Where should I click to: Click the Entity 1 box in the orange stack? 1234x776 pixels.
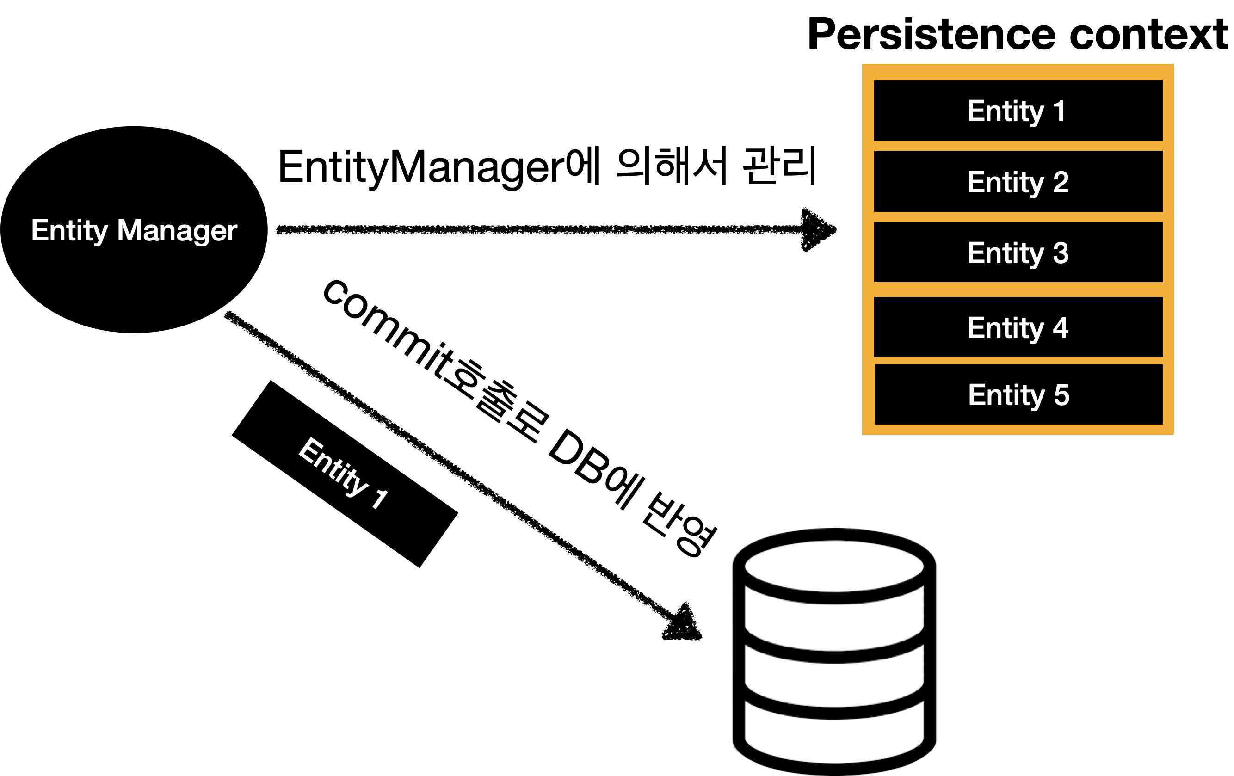pyautogui.click(x=1018, y=111)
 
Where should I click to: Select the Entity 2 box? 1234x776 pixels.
pyautogui.click(x=1018, y=181)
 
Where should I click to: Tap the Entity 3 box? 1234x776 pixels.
pyautogui.click(x=1018, y=252)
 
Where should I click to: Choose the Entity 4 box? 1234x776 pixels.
pyautogui.click(x=1018, y=327)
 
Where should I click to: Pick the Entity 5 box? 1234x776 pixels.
pyautogui.click(x=1018, y=394)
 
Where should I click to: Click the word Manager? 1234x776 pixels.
pyautogui.click(x=177, y=231)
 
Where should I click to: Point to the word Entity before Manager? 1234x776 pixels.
pyautogui.click(x=69, y=231)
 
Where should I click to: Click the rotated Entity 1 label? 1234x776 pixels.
pyautogui.click(x=342, y=473)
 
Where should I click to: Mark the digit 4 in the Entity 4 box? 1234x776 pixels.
pyautogui.click(x=1061, y=327)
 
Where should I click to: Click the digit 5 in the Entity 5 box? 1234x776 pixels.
pyautogui.click(x=1061, y=395)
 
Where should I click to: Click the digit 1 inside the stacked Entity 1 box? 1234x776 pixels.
pyautogui.click(x=1059, y=111)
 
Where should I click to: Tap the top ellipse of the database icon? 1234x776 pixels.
pyautogui.click(x=834, y=566)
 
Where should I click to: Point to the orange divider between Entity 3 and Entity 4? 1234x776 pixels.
pyautogui.click(x=1018, y=289)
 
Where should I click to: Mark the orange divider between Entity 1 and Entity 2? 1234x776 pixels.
pyautogui.click(x=1018, y=146)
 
